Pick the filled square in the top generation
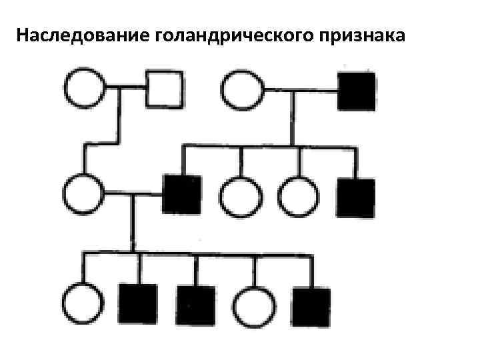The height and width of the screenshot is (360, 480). point(357,91)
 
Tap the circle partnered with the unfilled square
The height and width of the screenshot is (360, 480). point(84,87)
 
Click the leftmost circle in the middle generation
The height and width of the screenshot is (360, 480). point(84,194)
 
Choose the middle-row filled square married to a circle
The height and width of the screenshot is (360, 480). point(181,194)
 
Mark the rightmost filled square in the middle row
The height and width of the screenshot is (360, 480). point(355,197)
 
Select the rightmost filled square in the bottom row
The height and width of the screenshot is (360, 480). point(311,307)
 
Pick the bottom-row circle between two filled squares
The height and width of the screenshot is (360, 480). point(253,305)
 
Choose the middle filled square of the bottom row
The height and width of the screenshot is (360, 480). point(196,304)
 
